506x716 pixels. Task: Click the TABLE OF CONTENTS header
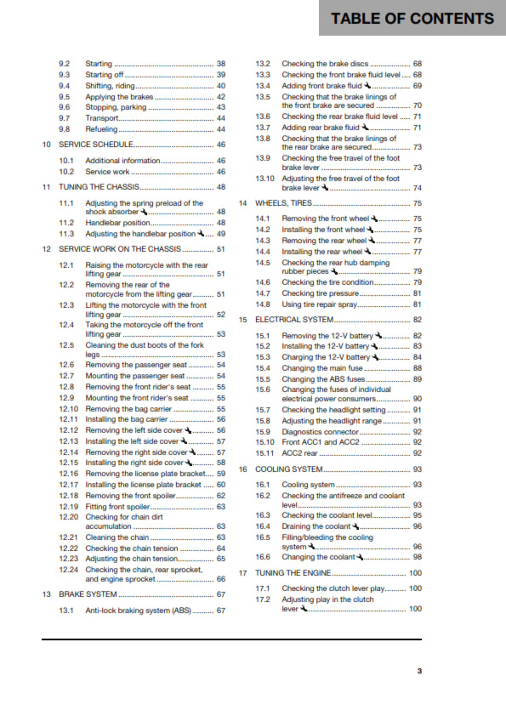pos(412,19)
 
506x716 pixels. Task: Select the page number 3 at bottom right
pos(418,671)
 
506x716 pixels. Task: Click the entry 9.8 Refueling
pos(101,129)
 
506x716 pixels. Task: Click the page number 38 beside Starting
pos(221,64)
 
